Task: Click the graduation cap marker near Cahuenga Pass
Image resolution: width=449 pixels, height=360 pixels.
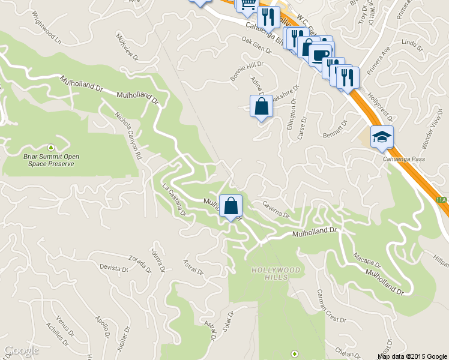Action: coord(382,138)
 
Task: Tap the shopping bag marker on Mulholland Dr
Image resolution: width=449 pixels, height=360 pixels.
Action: coord(231,206)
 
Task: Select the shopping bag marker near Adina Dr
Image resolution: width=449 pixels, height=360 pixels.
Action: coord(261,107)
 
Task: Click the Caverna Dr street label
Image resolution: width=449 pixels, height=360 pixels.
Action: coord(276,209)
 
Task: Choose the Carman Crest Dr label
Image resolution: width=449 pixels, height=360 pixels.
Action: coord(328,305)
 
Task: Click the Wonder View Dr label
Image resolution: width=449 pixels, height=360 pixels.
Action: coord(432,133)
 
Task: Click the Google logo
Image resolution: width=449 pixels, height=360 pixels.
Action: coord(21,351)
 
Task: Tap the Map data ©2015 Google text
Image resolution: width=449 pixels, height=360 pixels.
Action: coord(412,356)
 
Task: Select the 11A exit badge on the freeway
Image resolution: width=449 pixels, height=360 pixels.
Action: coord(442,198)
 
